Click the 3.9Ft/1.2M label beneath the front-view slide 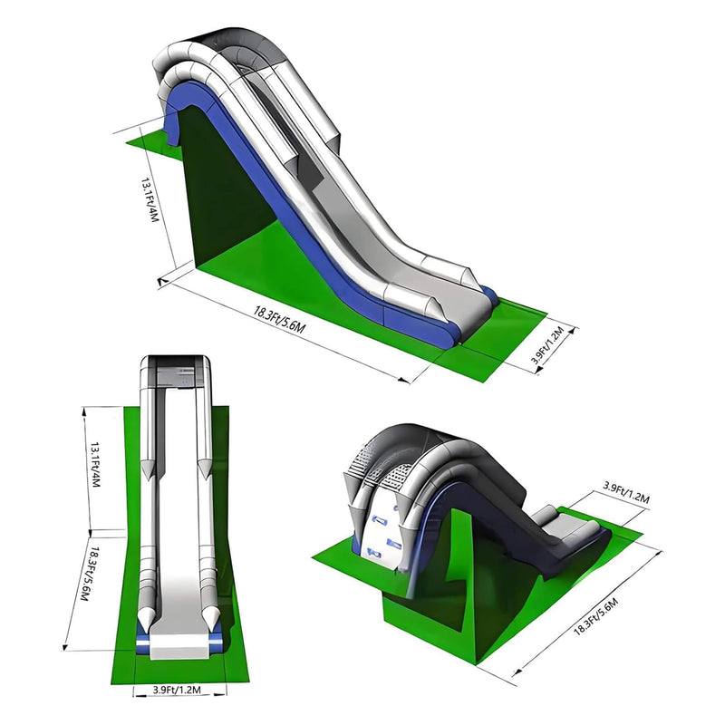pos(178,691)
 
